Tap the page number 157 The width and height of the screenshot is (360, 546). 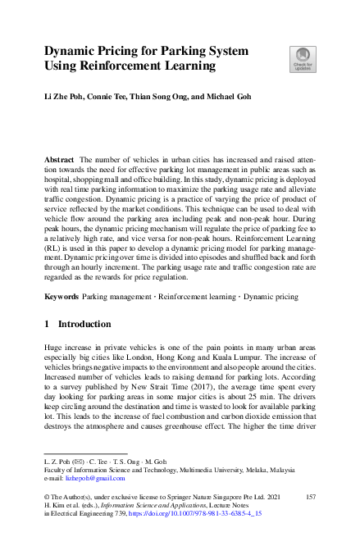tap(310, 498)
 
